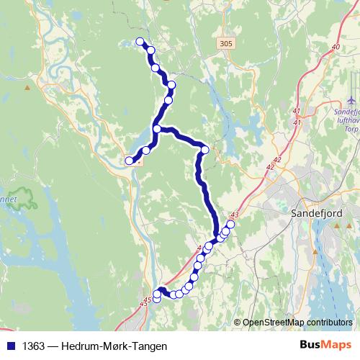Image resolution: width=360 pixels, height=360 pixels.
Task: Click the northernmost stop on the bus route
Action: [x=140, y=42]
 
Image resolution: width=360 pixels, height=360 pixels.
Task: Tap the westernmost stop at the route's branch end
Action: [x=130, y=161]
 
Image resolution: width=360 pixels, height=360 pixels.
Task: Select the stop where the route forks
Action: [x=157, y=130]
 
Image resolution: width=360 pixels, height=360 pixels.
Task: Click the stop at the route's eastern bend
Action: [x=205, y=150]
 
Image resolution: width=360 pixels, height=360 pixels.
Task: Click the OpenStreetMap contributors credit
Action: [x=297, y=322]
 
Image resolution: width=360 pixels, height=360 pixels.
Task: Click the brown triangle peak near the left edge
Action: [x=27, y=88]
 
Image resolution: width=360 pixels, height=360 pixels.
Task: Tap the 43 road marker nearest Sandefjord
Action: [x=234, y=215]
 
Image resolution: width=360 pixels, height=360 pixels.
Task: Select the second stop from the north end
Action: [x=150, y=50]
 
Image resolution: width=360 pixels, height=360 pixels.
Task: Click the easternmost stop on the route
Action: [x=230, y=224]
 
